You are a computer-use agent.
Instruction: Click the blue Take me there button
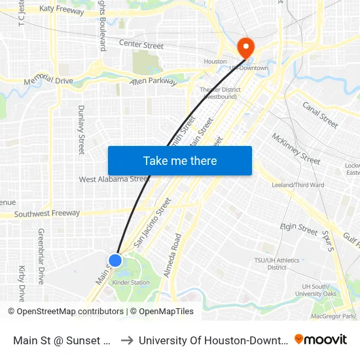[x=180, y=160]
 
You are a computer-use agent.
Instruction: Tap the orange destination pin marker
[x=245, y=46]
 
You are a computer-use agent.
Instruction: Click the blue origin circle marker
[x=115, y=261]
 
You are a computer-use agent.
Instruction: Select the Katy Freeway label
[x=62, y=10]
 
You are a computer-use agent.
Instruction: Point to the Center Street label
[x=141, y=45]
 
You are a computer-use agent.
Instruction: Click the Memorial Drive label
[x=48, y=81]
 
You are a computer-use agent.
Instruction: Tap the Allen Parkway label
[x=154, y=81]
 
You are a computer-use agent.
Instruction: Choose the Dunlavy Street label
[x=81, y=130]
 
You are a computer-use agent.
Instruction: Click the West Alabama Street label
[x=114, y=179]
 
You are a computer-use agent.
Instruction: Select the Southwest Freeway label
[x=46, y=213]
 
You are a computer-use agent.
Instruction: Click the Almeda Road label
[x=176, y=255]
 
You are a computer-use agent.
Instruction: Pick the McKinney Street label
[x=296, y=150]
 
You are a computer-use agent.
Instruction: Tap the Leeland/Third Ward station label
[x=298, y=185]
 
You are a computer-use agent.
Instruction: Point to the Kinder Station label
[x=131, y=283]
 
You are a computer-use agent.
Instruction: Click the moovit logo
[x=321, y=339]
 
